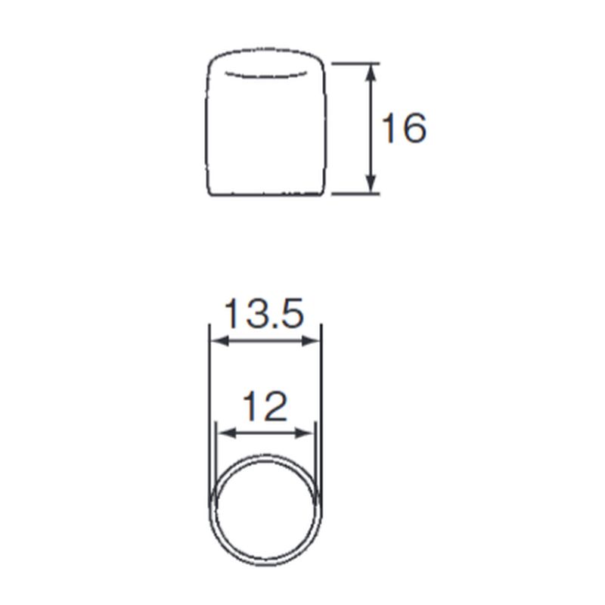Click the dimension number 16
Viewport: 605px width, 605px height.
404,128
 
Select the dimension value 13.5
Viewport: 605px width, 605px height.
264,313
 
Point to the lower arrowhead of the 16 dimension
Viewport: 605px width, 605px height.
371,184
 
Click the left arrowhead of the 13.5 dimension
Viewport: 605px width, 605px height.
220,341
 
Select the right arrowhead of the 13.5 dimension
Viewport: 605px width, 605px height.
311,341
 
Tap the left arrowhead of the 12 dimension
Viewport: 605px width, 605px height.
227,433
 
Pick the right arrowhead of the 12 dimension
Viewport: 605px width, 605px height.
304,433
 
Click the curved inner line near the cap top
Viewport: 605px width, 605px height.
266,76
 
